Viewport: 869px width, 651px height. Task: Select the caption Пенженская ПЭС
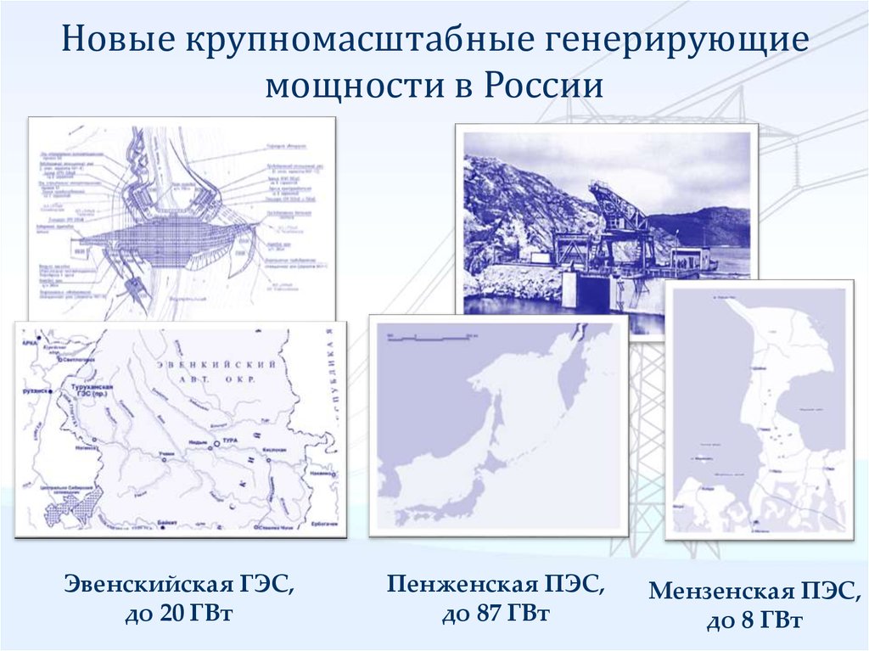click(x=497, y=584)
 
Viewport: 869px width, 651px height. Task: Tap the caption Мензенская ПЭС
click(x=754, y=592)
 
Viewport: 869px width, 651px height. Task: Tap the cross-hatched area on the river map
click(x=71, y=508)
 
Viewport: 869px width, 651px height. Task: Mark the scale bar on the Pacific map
click(x=429, y=338)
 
